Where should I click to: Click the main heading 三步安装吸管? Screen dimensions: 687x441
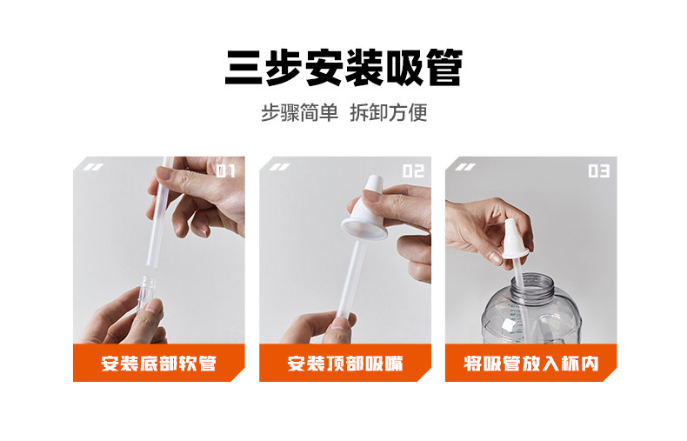pos(344,68)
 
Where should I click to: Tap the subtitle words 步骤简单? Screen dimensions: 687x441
pos(300,113)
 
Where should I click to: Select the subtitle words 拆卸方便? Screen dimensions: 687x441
pos(389,113)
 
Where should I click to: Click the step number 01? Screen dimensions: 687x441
pos(226,171)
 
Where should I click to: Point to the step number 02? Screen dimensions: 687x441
pos(414,171)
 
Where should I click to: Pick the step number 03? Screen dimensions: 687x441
pos(599,171)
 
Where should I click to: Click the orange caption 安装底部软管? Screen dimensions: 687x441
pos(158,364)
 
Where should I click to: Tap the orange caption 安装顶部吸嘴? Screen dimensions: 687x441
pos(345,364)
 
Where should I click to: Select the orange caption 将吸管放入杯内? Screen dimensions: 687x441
pos(531,364)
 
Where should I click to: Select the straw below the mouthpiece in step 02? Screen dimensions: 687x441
pos(352,280)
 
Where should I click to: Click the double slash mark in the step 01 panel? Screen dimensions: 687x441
pos(93,167)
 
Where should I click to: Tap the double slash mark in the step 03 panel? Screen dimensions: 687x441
pos(465,167)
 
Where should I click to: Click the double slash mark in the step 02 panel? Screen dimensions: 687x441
pos(279,167)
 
